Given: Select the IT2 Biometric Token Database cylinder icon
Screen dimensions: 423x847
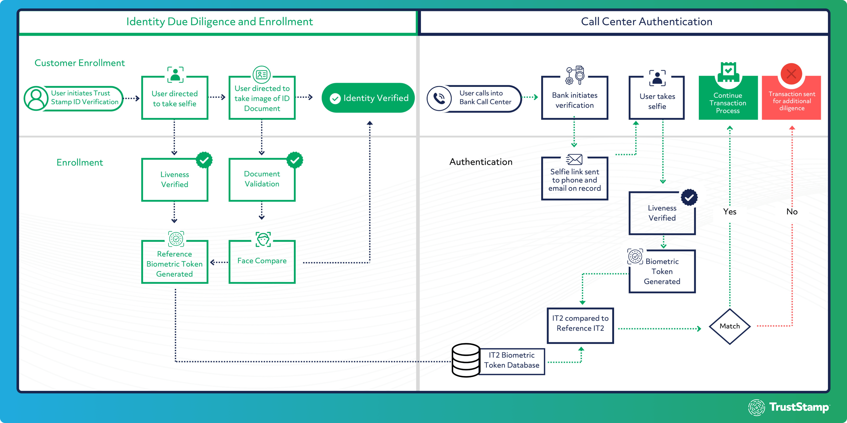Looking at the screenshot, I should pos(466,360).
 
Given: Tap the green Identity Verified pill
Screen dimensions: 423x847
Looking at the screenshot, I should pos(368,98).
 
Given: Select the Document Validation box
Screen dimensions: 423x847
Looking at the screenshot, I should pos(262,179).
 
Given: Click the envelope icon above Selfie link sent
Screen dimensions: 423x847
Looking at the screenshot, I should pos(574,160).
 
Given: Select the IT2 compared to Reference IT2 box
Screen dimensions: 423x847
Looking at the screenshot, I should pos(580,325).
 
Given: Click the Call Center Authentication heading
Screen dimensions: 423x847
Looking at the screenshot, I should pos(646,22).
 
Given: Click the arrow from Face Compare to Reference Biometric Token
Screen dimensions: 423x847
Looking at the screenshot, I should pos(219,262).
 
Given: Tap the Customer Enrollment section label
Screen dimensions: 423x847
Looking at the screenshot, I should pos(80,63).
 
